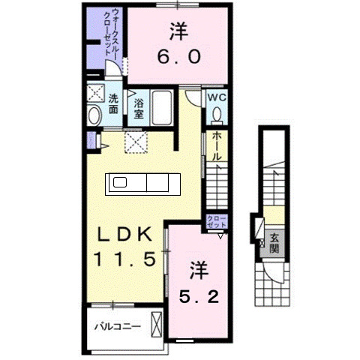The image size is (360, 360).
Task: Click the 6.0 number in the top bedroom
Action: coord(178,57)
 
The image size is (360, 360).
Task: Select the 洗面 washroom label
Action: coord(112,103)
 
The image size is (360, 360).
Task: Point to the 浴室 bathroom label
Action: coord(139,108)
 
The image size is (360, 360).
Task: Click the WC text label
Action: coord(216,97)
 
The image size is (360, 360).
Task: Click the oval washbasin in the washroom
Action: coord(94,115)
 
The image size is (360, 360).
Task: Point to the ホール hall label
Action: coord(216,146)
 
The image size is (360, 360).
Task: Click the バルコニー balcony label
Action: coord(117,326)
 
